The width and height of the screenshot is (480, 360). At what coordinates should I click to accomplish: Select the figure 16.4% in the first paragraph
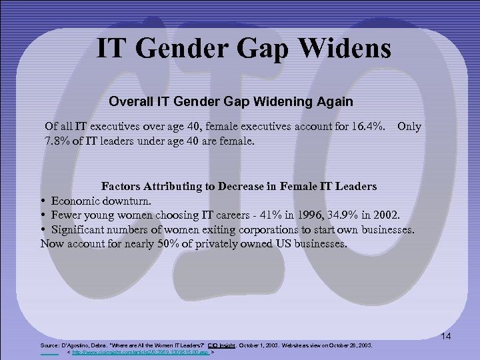[365, 126]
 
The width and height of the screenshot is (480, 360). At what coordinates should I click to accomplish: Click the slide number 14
[447, 337]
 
